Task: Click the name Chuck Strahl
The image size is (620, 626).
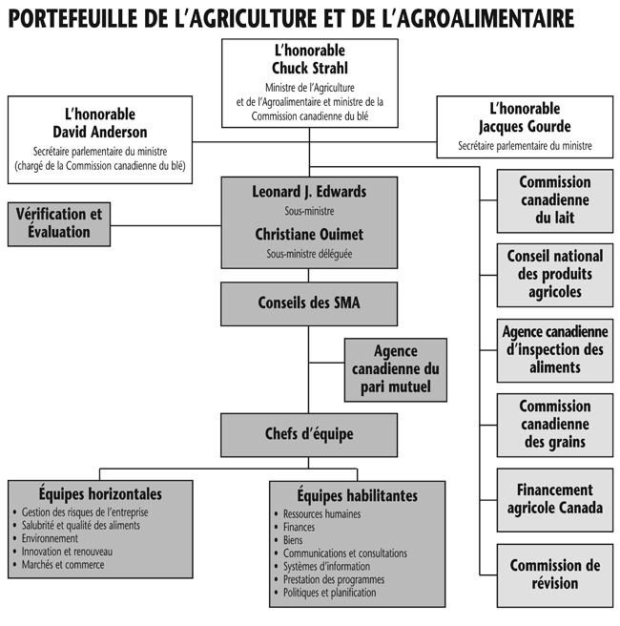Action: tap(309, 67)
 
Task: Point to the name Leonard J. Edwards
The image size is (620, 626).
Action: tap(309, 192)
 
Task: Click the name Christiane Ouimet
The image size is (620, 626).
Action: tap(309, 234)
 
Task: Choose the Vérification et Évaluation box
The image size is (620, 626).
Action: tap(58, 223)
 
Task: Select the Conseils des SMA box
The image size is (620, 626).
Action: tap(309, 303)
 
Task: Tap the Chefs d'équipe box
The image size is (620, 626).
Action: tap(309, 434)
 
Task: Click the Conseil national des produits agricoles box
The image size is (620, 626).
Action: tap(555, 275)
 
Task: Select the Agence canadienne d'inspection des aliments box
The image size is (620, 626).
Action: tap(555, 349)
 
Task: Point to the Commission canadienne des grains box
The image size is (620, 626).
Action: tap(555, 424)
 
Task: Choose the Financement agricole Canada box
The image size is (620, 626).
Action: tap(555, 499)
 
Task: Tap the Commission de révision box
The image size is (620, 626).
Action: tap(555, 574)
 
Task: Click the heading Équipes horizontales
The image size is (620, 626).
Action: tap(100, 494)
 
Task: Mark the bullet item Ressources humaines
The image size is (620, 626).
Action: tap(322, 514)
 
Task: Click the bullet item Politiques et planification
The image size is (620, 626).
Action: tap(330, 593)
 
